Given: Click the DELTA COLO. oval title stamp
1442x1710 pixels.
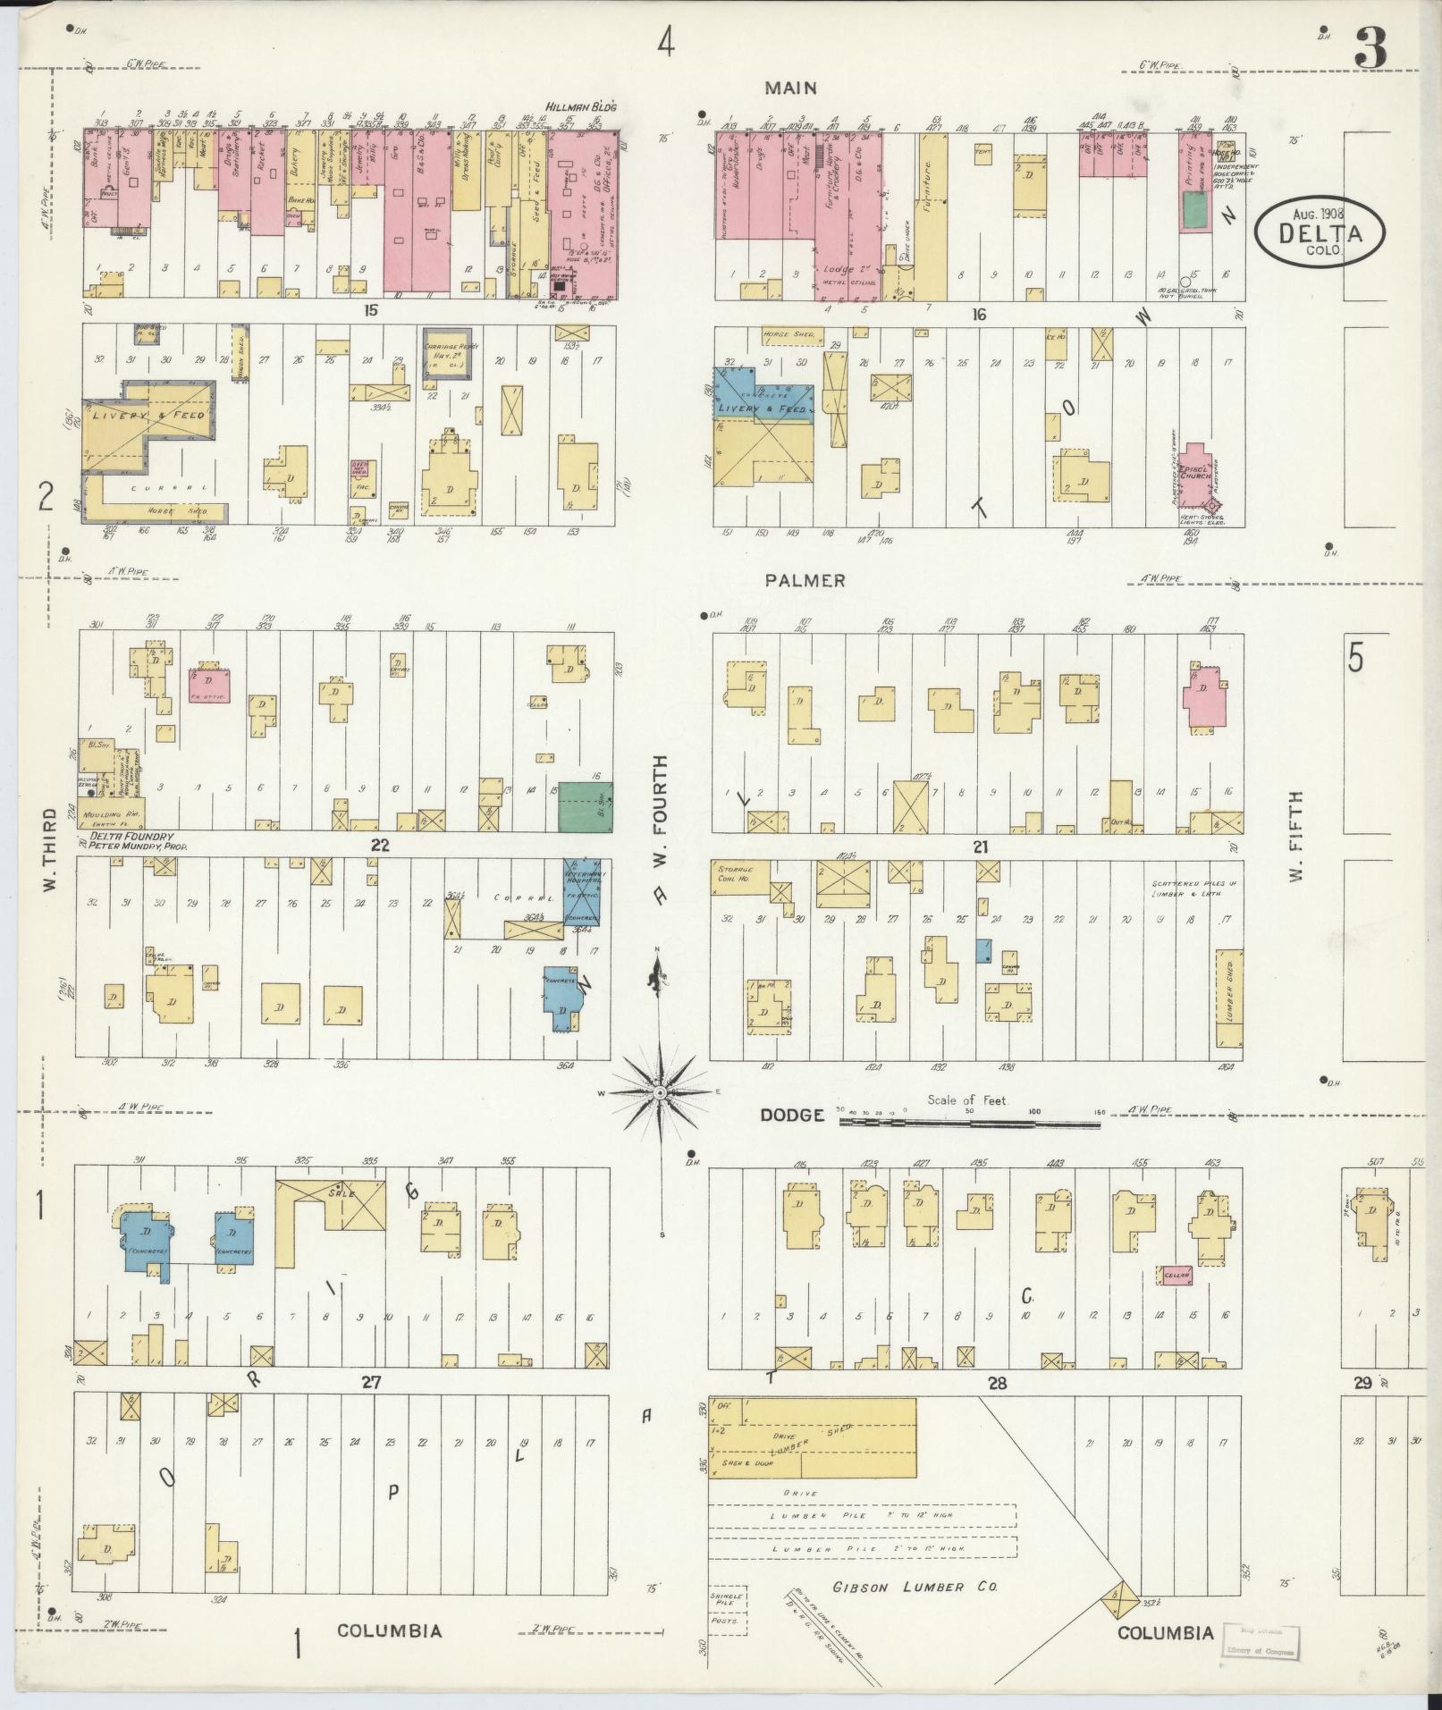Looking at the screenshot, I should tap(1320, 230).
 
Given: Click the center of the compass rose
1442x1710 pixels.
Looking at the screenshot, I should tap(659, 1092).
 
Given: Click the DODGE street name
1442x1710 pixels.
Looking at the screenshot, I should tap(792, 1115).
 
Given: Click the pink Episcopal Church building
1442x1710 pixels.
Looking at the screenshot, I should tap(1196, 474).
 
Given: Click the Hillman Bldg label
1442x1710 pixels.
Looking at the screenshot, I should tap(584, 107).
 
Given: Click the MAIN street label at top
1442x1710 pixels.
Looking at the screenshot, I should tap(790, 88).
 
